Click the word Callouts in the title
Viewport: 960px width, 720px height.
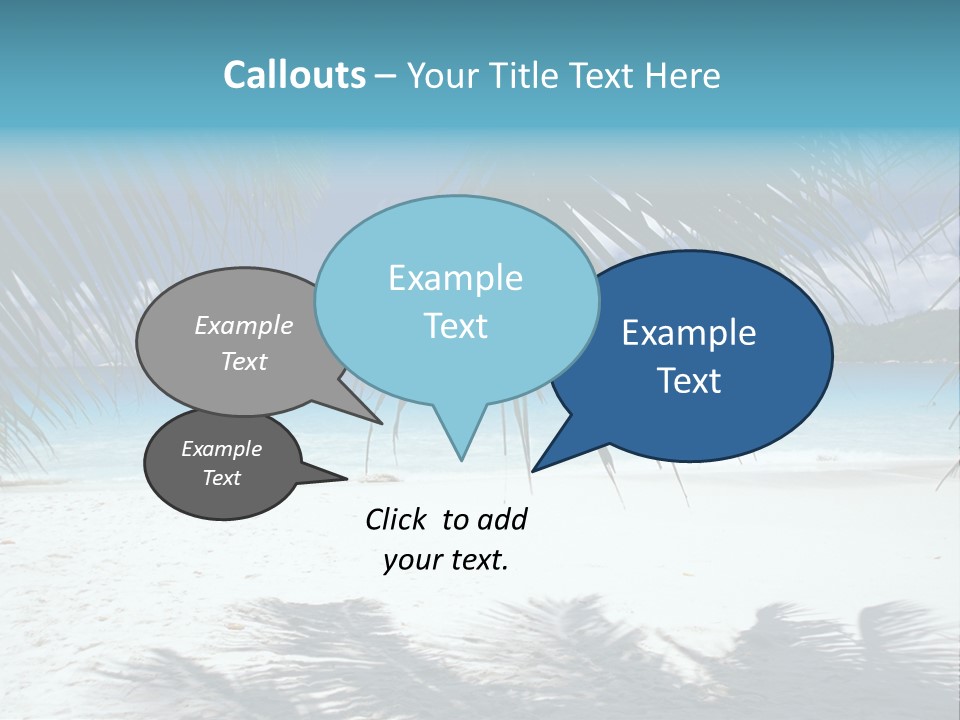pyautogui.click(x=294, y=75)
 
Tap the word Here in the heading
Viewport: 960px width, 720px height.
pyautogui.click(x=682, y=76)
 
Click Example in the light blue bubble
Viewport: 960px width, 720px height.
pyautogui.click(x=455, y=278)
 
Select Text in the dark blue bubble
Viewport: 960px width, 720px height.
pyautogui.click(x=689, y=381)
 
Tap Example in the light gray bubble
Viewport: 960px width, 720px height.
pyautogui.click(x=244, y=325)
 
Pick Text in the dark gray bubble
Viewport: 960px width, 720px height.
pyautogui.click(x=222, y=478)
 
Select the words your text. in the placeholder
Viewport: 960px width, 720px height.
pyautogui.click(x=445, y=560)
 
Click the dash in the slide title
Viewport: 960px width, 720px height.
pyautogui.click(x=386, y=76)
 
